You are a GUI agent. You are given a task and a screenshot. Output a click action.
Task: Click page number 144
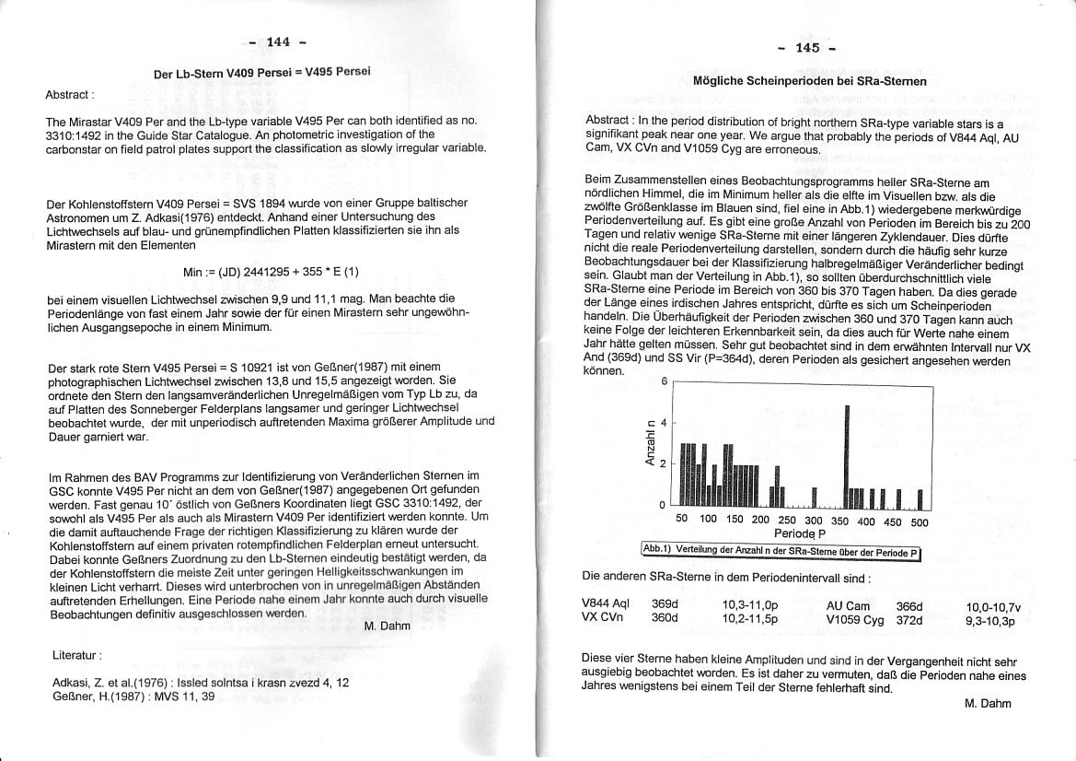pos(277,41)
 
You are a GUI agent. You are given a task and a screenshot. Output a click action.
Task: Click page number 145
pos(806,48)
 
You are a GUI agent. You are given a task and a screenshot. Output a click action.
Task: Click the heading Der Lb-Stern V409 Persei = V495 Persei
pos(262,73)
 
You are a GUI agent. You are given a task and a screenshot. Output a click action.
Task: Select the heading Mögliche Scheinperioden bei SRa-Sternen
pos(809,81)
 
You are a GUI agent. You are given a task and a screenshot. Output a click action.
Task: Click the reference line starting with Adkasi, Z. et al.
pos(201,683)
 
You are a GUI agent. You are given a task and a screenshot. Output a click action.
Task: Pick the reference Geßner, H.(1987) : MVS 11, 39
pos(133,697)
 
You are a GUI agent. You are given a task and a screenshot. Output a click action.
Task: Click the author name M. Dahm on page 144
pos(387,626)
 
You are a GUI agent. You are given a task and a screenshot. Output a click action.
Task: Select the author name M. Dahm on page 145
pos(988,703)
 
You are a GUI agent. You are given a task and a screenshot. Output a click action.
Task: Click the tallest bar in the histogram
pos(846,456)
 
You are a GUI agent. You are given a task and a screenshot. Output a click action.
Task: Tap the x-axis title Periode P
pos(799,533)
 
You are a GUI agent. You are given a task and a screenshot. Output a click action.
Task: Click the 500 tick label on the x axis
pos(919,521)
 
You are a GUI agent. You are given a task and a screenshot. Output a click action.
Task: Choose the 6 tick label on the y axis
pos(664,381)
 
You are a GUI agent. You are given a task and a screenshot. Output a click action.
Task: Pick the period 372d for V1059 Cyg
pos(908,620)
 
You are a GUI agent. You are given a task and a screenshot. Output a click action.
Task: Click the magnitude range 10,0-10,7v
pos(993,607)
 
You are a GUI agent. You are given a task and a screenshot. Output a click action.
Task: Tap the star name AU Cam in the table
pos(848,605)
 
